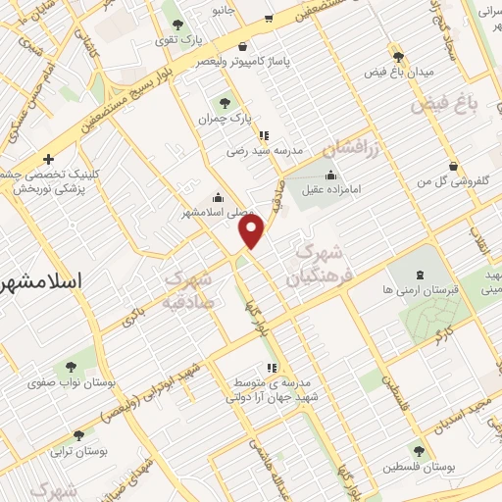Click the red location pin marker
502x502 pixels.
point(252,231)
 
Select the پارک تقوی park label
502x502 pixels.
point(177,41)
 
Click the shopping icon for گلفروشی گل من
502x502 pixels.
point(452,166)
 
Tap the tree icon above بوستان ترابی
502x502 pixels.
point(78,433)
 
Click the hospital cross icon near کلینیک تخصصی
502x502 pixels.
point(48,159)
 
